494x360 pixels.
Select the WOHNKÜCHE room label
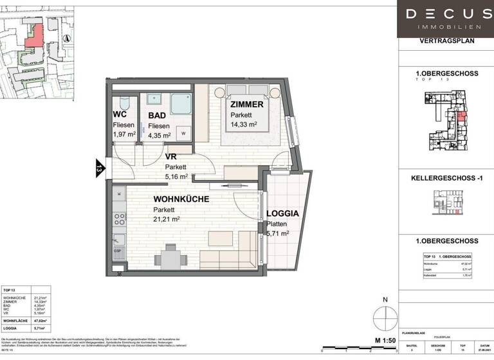181,199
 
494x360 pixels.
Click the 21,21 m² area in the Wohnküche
166,219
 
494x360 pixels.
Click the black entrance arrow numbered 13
100,169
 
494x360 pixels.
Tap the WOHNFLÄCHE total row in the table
26,318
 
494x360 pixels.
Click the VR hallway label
170,156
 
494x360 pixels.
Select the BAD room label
158,116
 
